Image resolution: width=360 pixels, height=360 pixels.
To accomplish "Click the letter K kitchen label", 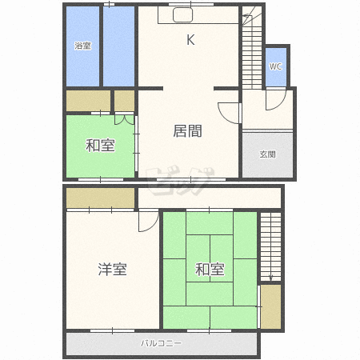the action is [190, 40].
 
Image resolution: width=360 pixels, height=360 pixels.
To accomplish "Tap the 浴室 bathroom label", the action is [82, 46].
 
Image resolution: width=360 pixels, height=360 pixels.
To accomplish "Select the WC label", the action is [275, 66].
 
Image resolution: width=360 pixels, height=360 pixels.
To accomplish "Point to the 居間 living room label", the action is [187, 131].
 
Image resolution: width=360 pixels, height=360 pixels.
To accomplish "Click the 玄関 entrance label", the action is [267, 154].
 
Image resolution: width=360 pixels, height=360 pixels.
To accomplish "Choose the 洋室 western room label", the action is [112, 269].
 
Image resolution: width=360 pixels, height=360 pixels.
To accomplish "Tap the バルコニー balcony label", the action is [162, 343].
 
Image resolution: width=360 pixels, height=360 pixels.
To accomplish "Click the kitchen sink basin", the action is [182, 15].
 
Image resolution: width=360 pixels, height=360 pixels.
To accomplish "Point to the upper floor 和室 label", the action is [100, 146].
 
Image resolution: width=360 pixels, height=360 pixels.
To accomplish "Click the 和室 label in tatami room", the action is [210, 269].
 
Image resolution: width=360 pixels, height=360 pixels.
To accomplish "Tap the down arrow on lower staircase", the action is [270, 278].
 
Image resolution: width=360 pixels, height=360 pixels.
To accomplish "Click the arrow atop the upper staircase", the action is [247, 16].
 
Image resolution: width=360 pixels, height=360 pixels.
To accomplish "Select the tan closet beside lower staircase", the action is [270, 306].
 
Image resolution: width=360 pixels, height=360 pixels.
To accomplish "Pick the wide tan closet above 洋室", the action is [100, 198].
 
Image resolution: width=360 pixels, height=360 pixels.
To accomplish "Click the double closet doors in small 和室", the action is [124, 120].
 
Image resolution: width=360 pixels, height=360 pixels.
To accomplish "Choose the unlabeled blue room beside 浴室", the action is [118, 46].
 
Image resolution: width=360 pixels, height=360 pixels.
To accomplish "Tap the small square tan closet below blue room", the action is [124, 101].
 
